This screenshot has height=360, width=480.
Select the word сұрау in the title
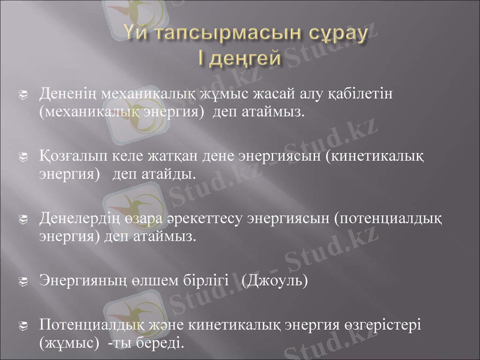(x=336, y=34)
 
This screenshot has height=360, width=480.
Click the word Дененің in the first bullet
(x=66, y=95)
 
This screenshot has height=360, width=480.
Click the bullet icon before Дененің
(x=22, y=95)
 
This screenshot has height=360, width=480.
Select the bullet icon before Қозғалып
(x=22, y=158)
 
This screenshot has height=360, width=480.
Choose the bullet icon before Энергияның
(x=22, y=280)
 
